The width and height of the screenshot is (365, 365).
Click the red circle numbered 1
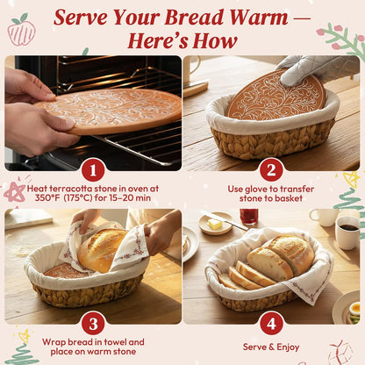92,169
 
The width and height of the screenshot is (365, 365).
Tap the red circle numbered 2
271,169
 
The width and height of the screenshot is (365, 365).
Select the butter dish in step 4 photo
215,224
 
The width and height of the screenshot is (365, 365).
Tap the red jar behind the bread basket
249,216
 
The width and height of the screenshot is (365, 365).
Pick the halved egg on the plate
354,309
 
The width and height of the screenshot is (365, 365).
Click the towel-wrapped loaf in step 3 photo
103,249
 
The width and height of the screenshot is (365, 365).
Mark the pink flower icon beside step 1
15,191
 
